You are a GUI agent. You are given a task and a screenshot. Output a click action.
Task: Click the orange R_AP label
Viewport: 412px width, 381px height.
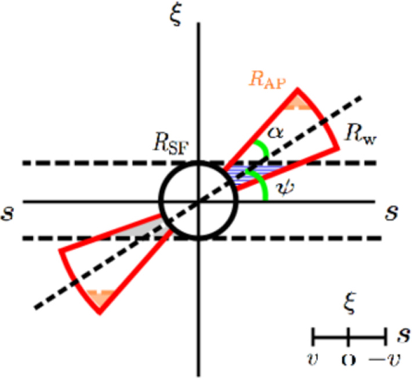(x=267, y=80)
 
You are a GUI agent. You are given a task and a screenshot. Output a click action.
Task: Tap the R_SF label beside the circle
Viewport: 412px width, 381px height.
(x=171, y=144)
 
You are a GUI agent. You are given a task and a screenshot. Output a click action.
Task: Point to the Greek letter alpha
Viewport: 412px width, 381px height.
(x=275, y=133)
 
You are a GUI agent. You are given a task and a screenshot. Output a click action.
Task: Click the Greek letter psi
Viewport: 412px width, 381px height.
(x=285, y=187)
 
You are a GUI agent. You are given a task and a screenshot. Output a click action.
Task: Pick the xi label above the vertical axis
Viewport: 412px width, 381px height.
(x=176, y=14)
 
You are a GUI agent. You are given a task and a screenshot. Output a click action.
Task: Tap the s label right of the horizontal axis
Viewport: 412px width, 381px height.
(x=392, y=213)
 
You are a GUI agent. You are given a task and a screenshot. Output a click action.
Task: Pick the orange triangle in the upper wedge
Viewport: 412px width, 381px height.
(x=297, y=103)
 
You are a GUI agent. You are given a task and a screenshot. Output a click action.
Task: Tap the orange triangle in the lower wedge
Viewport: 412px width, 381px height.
(x=100, y=297)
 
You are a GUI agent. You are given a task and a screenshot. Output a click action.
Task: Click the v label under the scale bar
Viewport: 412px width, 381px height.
(x=313, y=359)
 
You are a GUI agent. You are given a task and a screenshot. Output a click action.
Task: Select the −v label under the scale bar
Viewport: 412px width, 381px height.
(x=385, y=359)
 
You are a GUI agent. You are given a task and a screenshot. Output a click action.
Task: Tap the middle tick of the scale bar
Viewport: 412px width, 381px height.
(x=348, y=336)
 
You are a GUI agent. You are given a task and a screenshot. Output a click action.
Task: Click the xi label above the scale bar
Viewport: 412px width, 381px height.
(x=350, y=303)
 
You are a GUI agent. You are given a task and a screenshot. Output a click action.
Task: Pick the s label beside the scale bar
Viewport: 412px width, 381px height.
(x=403, y=336)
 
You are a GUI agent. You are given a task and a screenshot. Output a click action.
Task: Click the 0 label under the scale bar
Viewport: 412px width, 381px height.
(x=349, y=360)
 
